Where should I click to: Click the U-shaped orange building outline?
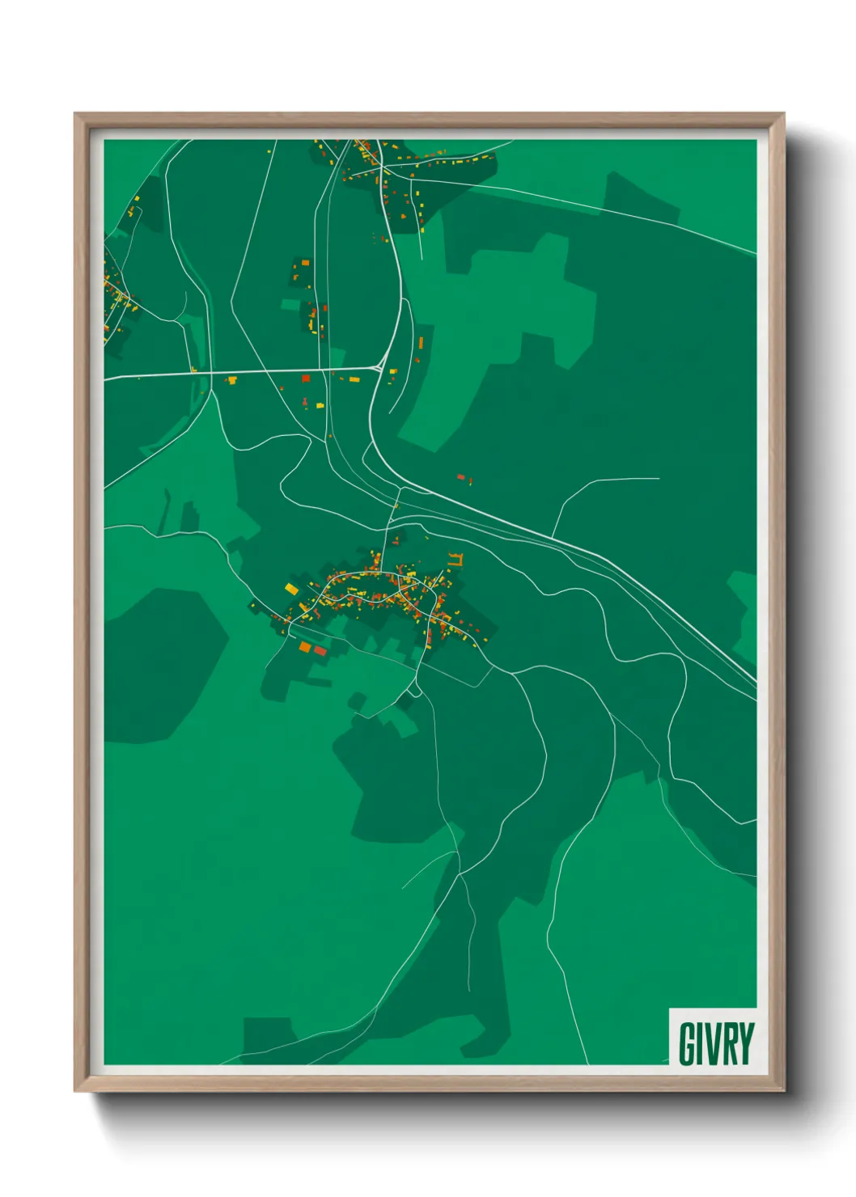(456, 559)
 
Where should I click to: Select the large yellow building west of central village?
(291, 589)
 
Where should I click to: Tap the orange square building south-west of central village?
(305, 646)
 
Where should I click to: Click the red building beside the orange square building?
(320, 650)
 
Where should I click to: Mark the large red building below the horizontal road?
(306, 378)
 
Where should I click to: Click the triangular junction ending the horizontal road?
(379, 367)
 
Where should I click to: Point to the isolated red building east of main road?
(461, 478)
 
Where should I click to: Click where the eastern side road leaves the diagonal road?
(552, 537)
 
